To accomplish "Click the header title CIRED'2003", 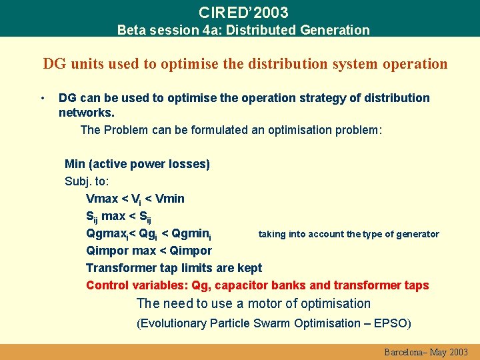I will pyautogui.click(x=243, y=12).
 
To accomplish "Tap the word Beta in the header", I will pyautogui.click(x=131, y=30).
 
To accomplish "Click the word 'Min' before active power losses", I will pyautogui.click(x=75, y=164).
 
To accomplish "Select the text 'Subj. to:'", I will pyautogui.click(x=87, y=181).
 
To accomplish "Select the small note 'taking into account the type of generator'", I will pyautogui.click(x=349, y=234).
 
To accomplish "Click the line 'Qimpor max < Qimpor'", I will pyautogui.click(x=149, y=251).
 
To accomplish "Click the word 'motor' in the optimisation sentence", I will pyautogui.click(x=272, y=304).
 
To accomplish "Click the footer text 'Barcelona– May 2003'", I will pyautogui.click(x=426, y=352).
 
